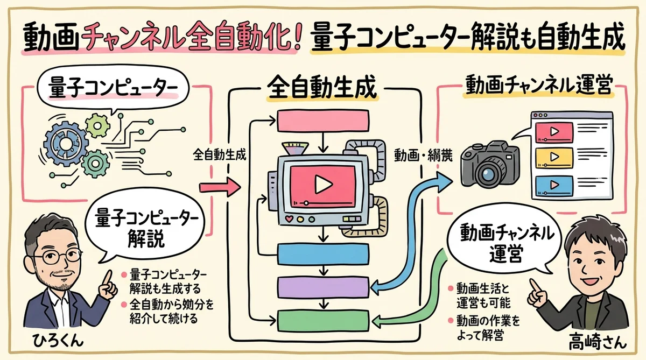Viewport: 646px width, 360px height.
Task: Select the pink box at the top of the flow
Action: point(322,122)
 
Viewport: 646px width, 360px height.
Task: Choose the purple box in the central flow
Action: point(322,286)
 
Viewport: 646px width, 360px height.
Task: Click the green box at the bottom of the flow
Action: point(322,320)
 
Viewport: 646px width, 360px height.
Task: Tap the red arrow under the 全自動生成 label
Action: point(221,188)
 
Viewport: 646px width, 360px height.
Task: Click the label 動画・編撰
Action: point(418,157)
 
